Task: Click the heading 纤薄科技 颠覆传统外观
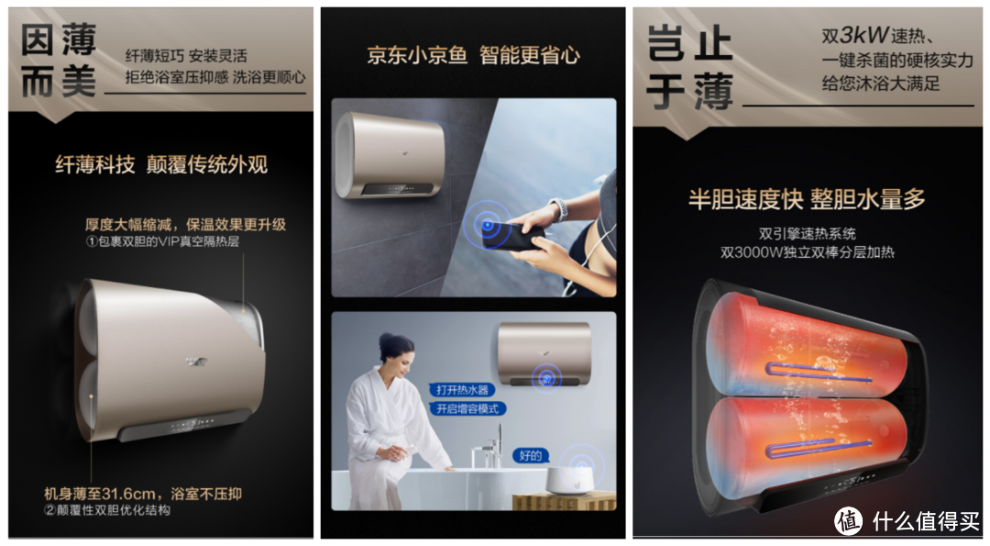coord(161,164)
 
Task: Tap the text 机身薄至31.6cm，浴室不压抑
coord(143,494)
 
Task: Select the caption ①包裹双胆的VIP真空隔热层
coord(162,241)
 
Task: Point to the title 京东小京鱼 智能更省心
coord(473,55)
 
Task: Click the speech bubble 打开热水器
coord(462,390)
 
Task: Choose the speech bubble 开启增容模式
coord(467,409)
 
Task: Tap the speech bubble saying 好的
coord(531,455)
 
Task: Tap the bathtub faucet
coord(489,450)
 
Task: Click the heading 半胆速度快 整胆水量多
coord(807,199)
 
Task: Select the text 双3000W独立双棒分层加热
coord(807,252)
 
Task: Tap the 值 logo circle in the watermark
coord(848,520)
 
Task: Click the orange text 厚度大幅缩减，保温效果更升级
coord(185,224)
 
